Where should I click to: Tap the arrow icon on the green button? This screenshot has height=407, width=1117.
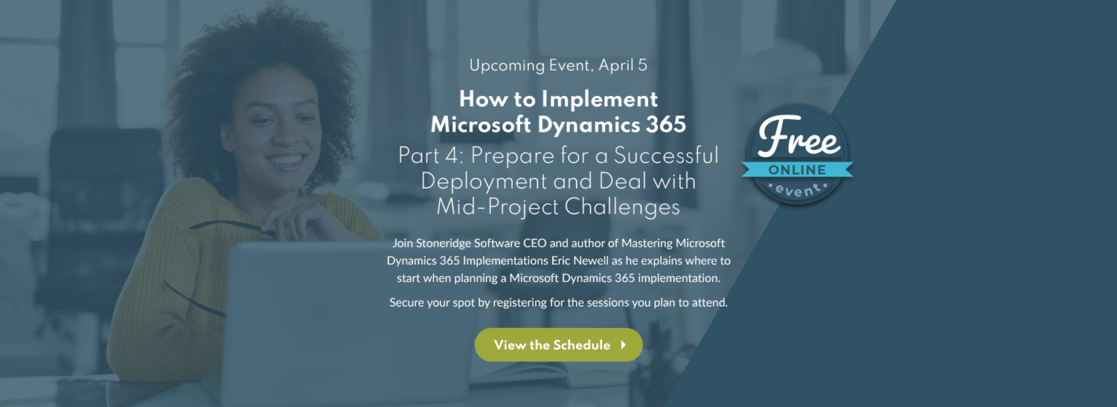tap(623, 344)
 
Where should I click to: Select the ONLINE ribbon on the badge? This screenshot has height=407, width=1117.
tap(797, 170)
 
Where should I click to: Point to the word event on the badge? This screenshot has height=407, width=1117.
tap(797, 189)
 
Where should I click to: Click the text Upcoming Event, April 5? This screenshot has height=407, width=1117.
tap(558, 65)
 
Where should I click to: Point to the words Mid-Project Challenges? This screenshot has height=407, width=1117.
tap(558, 207)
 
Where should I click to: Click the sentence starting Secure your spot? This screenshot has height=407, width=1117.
tap(558, 302)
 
